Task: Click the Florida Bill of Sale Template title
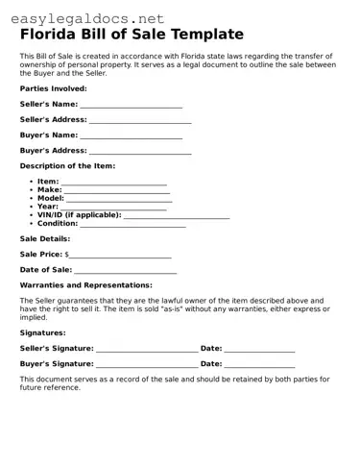[132, 35]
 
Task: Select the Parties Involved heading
[54, 87]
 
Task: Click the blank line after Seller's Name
[131, 105]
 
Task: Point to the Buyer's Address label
[53, 151]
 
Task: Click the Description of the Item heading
[67, 166]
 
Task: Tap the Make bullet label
[50, 190]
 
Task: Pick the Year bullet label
[48, 207]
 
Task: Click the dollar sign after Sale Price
[67, 255]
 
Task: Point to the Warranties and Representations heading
[85, 285]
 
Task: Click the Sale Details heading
[45, 238]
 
